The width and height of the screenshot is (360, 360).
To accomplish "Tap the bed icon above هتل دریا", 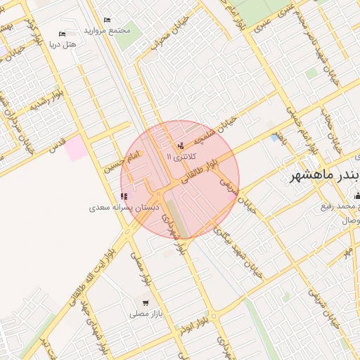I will pos(62,34).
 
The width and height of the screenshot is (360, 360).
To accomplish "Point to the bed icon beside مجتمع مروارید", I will pos(107,20).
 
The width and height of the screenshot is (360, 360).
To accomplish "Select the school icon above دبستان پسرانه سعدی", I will pos(124,197).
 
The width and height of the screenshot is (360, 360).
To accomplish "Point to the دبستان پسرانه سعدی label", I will pos(124,208).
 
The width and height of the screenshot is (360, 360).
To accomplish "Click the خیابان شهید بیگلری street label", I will pos(245,250).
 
